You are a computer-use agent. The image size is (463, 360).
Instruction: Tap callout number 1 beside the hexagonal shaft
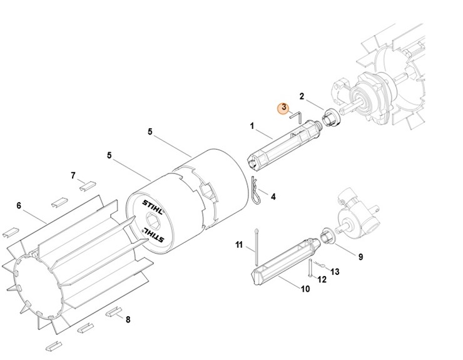coord(252,126)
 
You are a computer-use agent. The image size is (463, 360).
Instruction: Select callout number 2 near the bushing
coord(302,96)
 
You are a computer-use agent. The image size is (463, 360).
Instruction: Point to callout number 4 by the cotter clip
coord(273,197)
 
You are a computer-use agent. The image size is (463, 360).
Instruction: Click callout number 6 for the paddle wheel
coord(19,205)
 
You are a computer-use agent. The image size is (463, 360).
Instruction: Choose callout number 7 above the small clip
coord(73,175)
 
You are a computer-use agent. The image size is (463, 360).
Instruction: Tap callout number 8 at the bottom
coord(128,319)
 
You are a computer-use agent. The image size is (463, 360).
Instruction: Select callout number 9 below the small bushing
coord(360,257)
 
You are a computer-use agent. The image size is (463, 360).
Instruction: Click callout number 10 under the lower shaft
coord(305,289)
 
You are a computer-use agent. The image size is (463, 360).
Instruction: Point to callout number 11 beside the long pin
coord(239,245)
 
